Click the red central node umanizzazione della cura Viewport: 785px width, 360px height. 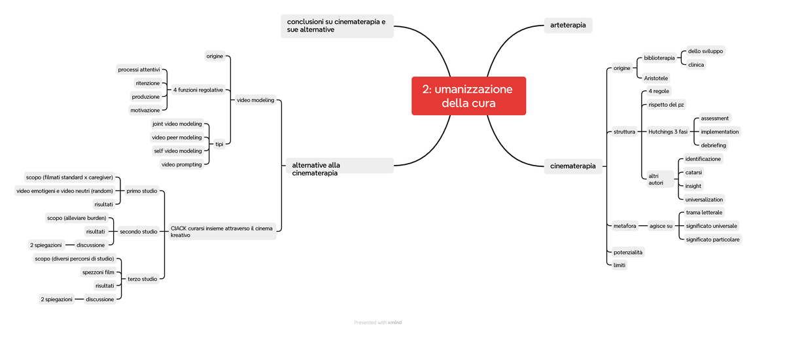468,96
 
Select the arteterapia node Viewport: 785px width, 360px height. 568,26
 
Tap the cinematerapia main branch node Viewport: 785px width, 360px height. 573,166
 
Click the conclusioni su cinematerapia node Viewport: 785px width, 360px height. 337,26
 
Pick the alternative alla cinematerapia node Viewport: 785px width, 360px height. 340,169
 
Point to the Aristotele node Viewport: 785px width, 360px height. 655,78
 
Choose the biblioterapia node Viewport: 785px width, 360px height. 659,58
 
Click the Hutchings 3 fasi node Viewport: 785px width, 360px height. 668,132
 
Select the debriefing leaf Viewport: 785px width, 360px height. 713,145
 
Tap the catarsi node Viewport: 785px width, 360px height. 693,172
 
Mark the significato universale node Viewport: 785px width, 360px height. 712,226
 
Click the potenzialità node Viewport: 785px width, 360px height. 627,253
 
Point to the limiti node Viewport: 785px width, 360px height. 619,265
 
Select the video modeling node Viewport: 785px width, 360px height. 255,100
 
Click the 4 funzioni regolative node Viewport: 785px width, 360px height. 198,90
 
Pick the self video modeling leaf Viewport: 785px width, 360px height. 178,151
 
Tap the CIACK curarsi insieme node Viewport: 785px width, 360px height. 222,232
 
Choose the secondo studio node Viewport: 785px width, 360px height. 139,232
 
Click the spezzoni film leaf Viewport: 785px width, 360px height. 98,272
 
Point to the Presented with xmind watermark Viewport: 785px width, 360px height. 378,323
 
